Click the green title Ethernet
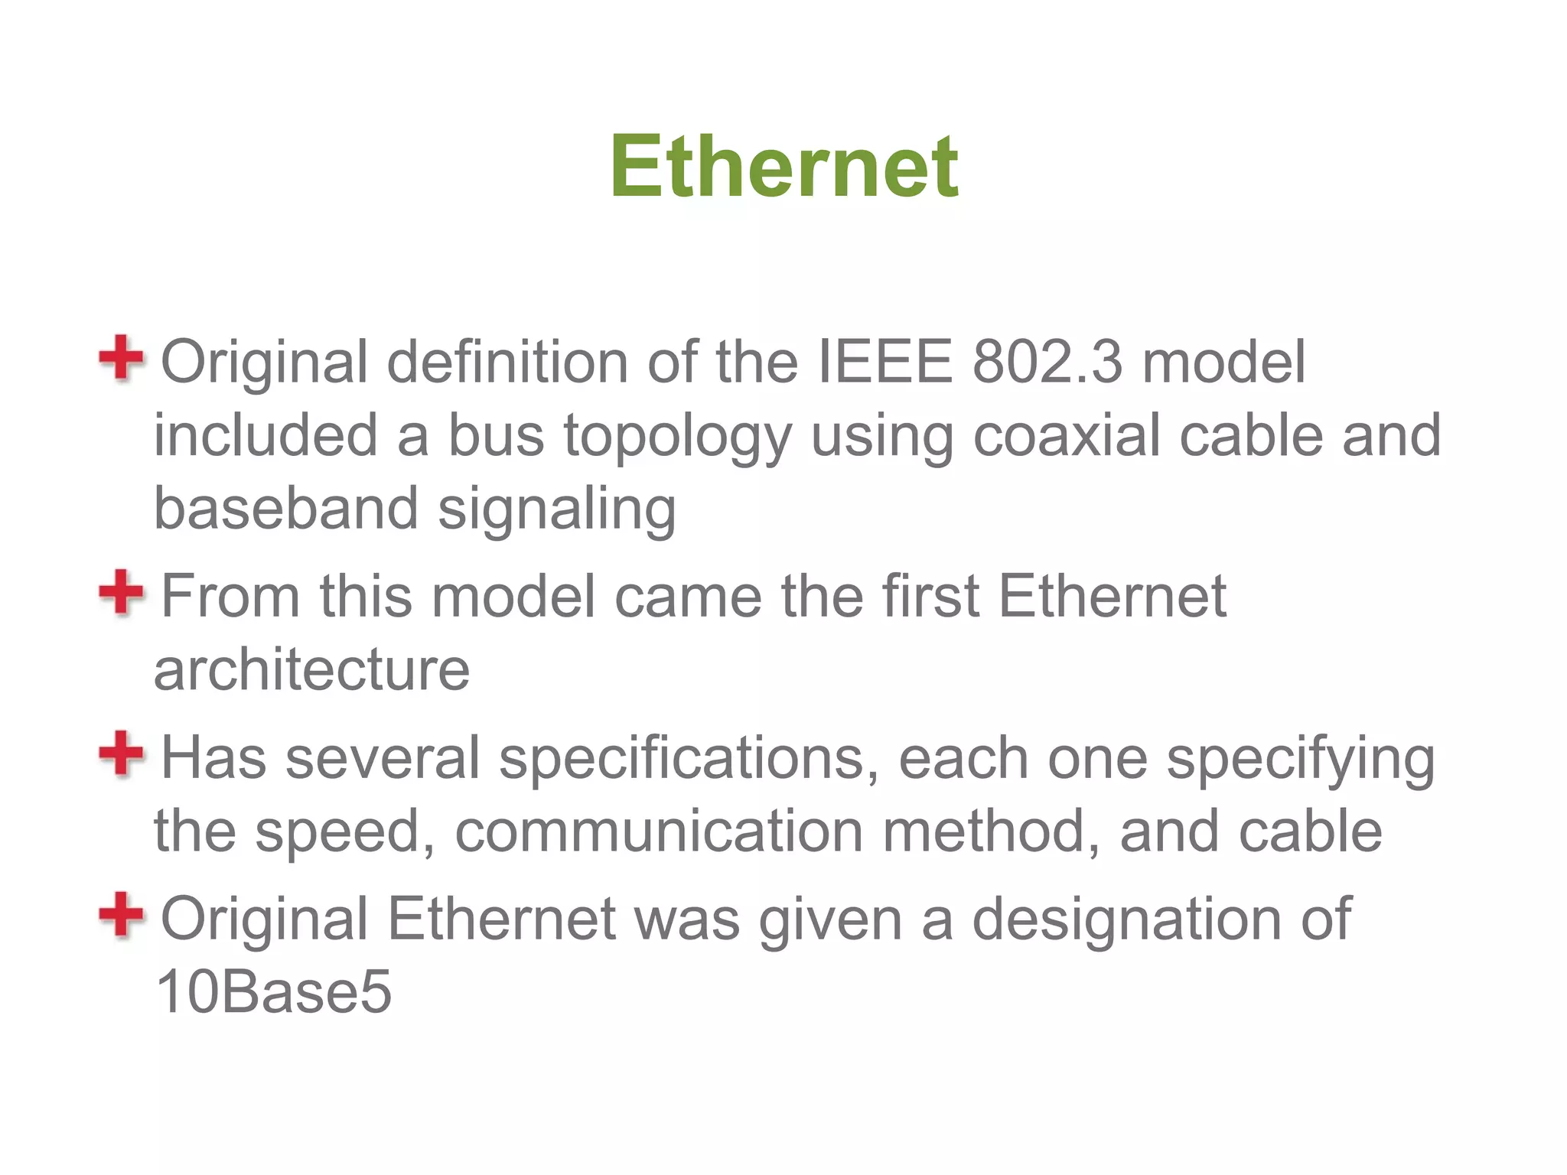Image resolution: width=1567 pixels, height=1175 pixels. [783, 166]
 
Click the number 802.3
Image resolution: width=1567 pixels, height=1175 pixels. [1047, 362]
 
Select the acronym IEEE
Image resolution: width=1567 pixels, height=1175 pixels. [885, 362]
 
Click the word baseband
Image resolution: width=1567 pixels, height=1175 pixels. [286, 509]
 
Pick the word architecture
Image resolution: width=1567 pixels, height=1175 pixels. [312, 670]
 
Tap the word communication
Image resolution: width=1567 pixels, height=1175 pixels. [659, 832]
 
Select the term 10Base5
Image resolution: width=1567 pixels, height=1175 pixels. [273, 992]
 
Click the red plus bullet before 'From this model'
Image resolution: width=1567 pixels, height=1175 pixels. [121, 592]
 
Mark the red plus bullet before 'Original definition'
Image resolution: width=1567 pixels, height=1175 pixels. [121, 357]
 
